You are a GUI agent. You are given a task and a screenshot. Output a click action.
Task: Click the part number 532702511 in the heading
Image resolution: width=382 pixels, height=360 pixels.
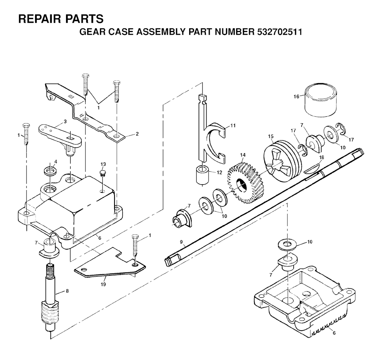[x=279, y=32]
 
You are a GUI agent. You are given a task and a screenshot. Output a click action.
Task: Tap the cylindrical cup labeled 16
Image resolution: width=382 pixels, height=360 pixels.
[x=321, y=101]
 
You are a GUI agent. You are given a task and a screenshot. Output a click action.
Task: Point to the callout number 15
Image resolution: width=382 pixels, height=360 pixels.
[x=271, y=137]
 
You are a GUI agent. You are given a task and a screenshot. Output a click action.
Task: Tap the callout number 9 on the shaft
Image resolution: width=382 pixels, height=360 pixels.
[x=181, y=242]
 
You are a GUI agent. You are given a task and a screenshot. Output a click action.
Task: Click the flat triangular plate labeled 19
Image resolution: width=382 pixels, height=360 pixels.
[x=110, y=263]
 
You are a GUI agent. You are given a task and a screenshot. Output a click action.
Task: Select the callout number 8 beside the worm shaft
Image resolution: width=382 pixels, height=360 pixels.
[x=67, y=291]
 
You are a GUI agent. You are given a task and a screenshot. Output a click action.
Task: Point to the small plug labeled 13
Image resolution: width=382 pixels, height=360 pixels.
[x=103, y=173]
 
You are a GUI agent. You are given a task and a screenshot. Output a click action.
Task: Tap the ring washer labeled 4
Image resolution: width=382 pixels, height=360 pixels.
[x=50, y=171]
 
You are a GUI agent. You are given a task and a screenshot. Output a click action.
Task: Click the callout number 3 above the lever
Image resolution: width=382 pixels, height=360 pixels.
[x=65, y=121]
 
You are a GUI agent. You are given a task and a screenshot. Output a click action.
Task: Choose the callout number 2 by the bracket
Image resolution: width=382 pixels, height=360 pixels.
[x=137, y=134]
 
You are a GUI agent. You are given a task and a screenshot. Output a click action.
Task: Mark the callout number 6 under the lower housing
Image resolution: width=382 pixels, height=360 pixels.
[x=334, y=333]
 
